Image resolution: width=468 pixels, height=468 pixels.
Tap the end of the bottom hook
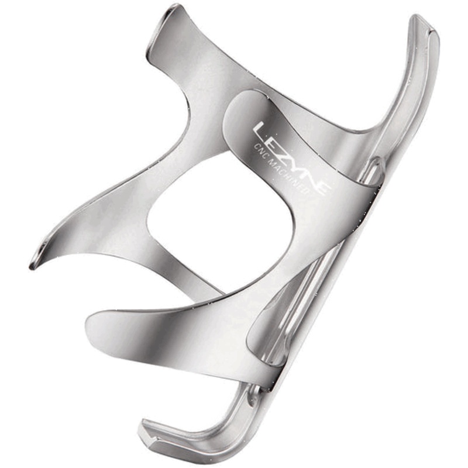tap(146, 430)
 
